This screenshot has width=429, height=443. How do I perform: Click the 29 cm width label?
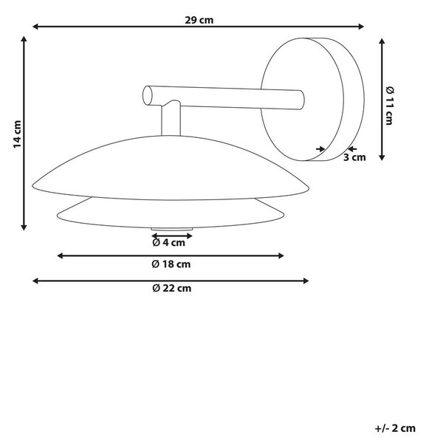[x=199, y=21]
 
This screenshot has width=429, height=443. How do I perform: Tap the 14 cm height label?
[x=18, y=134]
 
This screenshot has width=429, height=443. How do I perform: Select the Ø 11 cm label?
[x=390, y=106]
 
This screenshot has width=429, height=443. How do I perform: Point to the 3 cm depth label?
[x=354, y=157]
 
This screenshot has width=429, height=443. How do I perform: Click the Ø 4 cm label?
[x=168, y=242]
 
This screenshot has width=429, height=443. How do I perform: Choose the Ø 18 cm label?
[x=171, y=264]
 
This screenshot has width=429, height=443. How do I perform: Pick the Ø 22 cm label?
[x=172, y=288]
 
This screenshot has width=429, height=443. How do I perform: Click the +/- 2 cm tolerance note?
[x=395, y=428]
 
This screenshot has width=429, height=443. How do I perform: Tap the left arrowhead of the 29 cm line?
[x=35, y=27]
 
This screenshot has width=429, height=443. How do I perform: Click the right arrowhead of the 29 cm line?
[x=361, y=27]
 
